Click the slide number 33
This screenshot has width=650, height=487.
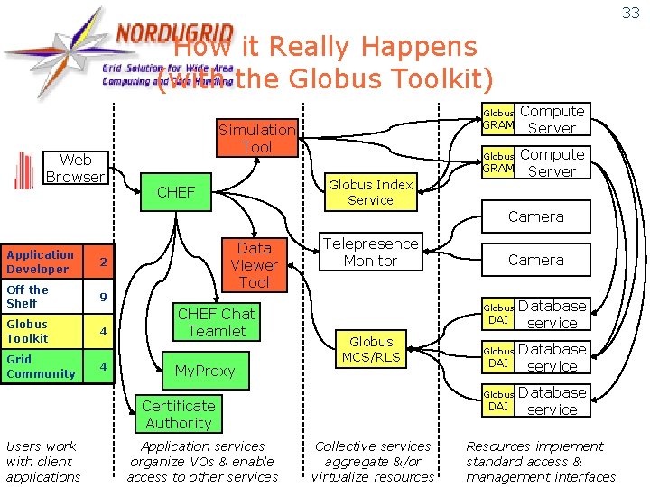(x=631, y=13)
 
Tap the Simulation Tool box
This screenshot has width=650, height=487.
(x=256, y=138)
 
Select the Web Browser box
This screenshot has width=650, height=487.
(x=75, y=169)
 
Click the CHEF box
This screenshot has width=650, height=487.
(x=176, y=191)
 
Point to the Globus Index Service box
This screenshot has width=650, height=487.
(x=371, y=192)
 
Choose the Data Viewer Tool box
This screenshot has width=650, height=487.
(x=254, y=265)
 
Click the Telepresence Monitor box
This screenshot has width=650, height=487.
(x=370, y=252)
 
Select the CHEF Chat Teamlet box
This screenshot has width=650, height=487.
(x=216, y=322)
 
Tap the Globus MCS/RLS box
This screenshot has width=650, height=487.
(x=371, y=350)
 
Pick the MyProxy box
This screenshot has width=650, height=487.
(x=205, y=371)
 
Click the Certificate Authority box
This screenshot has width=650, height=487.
(x=178, y=414)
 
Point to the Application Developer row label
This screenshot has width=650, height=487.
(x=41, y=262)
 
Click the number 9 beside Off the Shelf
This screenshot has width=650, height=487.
(x=103, y=297)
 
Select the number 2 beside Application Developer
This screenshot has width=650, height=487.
(x=103, y=262)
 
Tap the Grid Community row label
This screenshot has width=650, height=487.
(x=41, y=366)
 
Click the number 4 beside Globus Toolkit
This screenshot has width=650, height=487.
(x=103, y=332)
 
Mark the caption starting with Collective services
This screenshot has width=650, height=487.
(x=373, y=461)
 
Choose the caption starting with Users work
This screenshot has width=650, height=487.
(x=42, y=461)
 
